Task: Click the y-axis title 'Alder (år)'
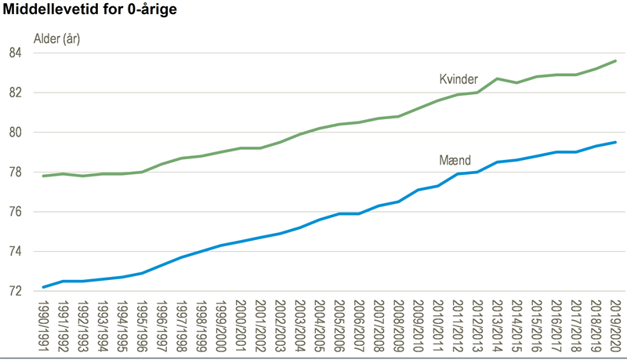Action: point(56,38)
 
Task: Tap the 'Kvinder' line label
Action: point(458,79)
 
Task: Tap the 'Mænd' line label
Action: point(455,160)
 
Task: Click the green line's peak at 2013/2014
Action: point(497,78)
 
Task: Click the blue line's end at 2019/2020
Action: point(615,142)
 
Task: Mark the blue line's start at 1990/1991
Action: point(44,287)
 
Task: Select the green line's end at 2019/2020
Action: point(615,61)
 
